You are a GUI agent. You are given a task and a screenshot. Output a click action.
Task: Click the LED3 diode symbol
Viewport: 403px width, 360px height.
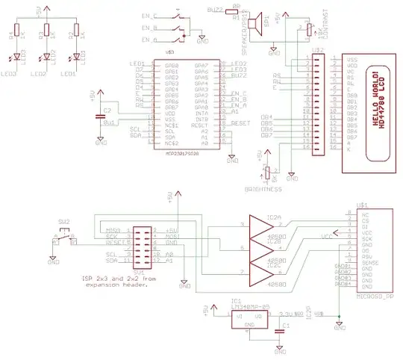pyautogui.click(x=18, y=57)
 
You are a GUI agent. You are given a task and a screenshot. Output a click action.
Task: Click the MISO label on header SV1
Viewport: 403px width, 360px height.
pyautogui.click(x=113, y=231)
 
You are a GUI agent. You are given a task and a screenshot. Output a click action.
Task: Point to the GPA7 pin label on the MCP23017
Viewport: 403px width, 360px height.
pyautogui.click(x=201, y=66)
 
